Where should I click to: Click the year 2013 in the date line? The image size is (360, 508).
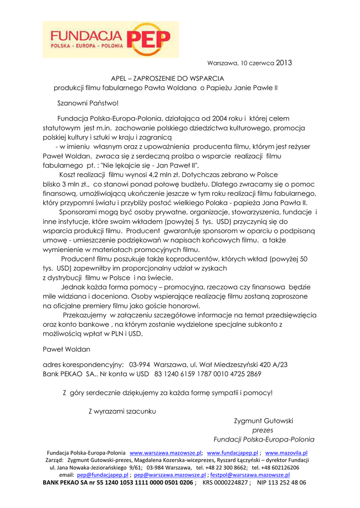point(284,63)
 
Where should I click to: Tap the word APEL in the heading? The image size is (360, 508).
point(119,78)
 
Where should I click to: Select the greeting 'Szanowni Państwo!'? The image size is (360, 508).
point(86,103)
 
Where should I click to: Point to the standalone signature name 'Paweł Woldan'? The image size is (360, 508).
point(67,349)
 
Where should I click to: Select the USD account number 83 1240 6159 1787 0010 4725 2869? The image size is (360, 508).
point(208,374)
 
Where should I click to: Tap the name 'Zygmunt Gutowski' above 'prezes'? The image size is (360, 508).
point(264,421)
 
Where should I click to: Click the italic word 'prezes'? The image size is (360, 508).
point(263,430)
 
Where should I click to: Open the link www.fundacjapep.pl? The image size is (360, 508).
point(232,453)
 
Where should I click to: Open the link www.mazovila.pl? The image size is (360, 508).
point(287,453)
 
